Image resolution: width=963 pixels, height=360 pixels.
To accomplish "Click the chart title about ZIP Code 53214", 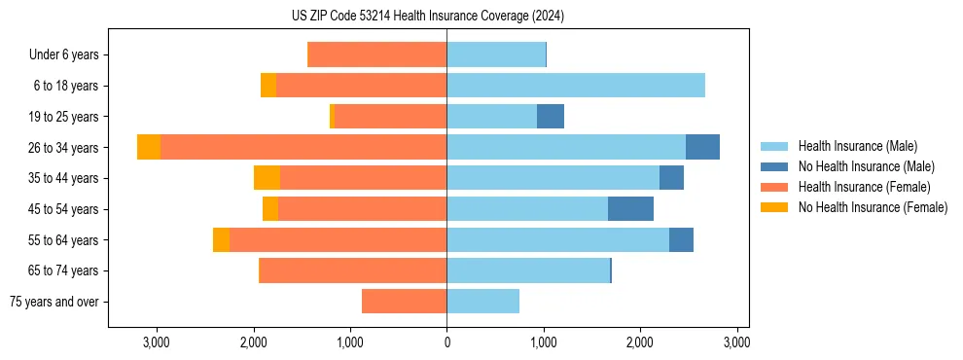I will click(481, 17).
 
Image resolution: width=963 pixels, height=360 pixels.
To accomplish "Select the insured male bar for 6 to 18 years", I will click(576, 86).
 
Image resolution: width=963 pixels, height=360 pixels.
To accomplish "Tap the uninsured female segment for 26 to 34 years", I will click(149, 147).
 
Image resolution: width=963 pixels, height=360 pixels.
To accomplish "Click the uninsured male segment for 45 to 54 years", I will click(630, 209).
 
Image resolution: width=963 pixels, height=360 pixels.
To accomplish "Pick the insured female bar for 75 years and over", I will click(404, 302).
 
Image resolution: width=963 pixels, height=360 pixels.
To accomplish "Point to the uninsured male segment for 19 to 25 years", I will click(551, 117).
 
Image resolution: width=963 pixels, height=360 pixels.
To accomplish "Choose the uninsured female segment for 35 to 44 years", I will click(267, 178).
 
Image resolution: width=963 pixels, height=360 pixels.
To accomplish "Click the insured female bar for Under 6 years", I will click(376, 54).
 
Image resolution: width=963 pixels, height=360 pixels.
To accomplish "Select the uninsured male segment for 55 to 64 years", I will click(681, 240).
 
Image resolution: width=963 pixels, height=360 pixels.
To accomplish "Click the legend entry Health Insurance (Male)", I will click(857, 146).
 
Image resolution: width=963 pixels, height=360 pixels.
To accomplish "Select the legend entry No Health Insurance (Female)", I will click(873, 207).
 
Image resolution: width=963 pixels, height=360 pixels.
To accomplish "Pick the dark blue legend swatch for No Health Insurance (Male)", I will click(775, 166).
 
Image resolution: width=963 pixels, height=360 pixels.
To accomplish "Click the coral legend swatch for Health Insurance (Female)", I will click(775, 187).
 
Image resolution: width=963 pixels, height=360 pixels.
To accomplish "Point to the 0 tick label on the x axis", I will click(446, 342).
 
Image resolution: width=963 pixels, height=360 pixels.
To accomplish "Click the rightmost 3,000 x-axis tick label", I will click(736, 342).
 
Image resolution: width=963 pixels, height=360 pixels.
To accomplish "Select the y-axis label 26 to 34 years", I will click(65, 148).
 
